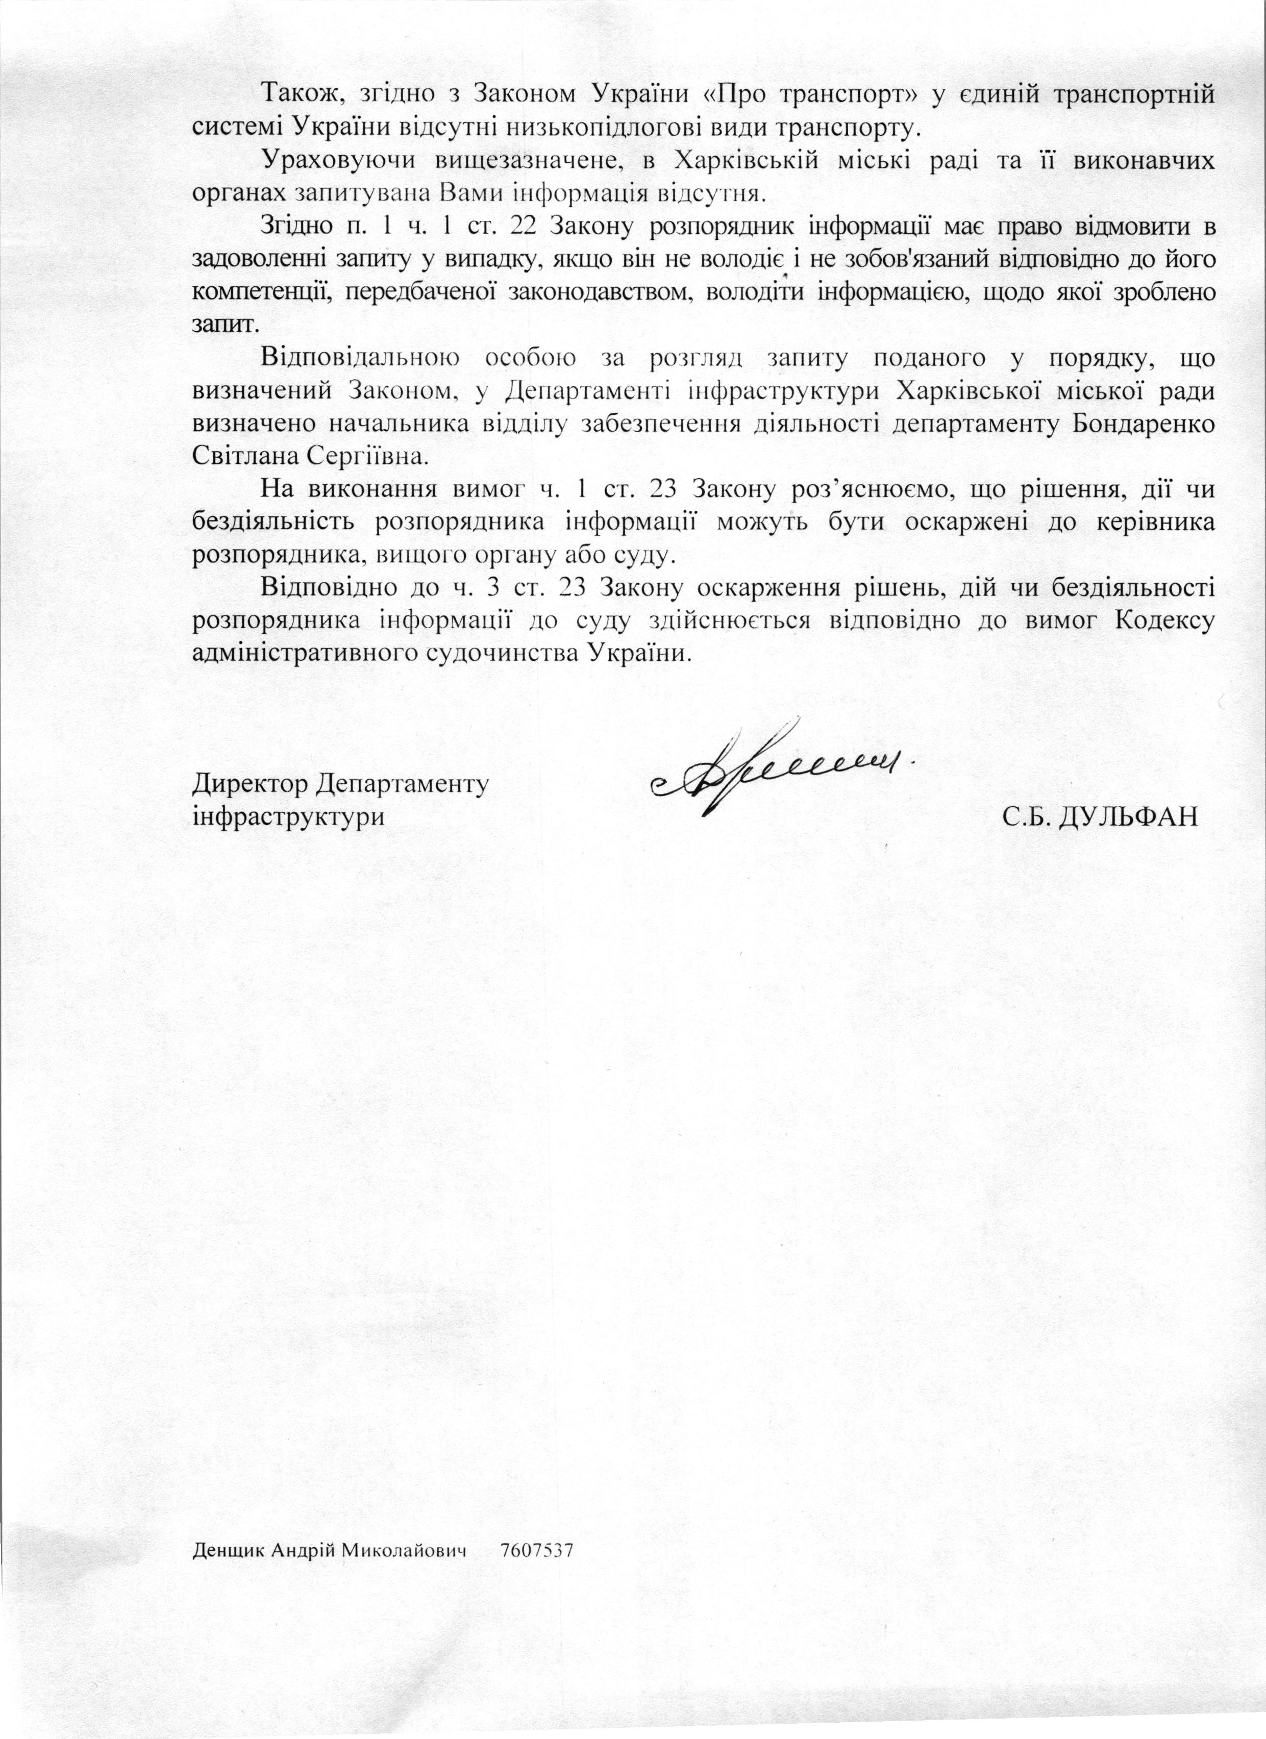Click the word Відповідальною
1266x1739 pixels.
(x=360, y=358)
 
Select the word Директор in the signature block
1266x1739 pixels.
(x=249, y=784)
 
